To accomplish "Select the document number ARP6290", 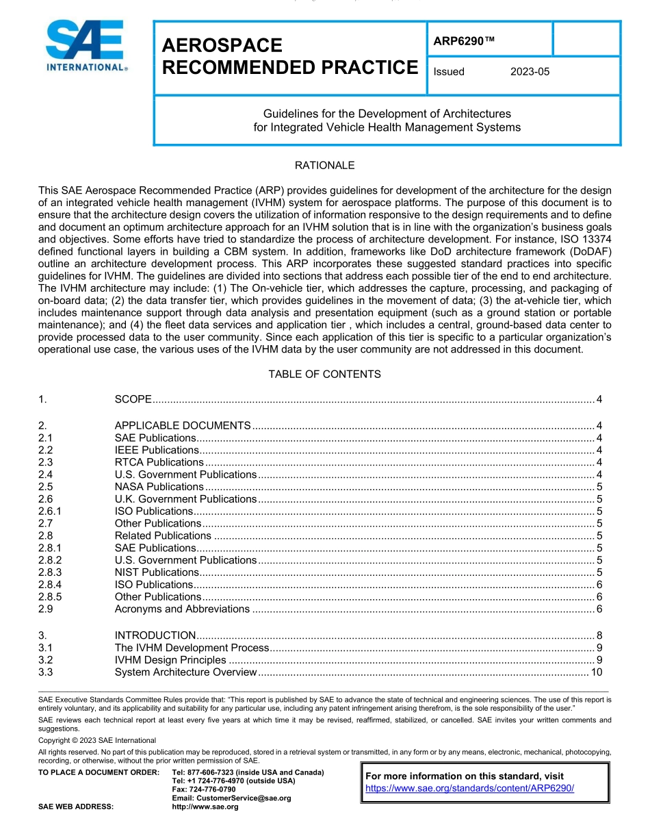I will tap(463, 41).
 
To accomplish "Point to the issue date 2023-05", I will tap(530, 72).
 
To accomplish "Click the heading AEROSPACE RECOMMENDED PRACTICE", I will tap(289, 57).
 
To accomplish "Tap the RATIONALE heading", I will tap(324, 166).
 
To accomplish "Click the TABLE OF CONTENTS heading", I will tap(324, 375).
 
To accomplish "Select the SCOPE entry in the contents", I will tap(133, 400).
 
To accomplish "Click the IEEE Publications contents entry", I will tap(157, 451).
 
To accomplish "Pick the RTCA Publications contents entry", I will tap(159, 463).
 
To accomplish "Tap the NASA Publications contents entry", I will tap(159, 488).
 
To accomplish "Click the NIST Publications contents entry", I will tap(157, 572).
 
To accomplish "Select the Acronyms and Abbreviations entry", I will tap(182, 609).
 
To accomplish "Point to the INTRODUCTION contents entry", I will tap(155, 635).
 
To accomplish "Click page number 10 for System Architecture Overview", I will tap(596, 672).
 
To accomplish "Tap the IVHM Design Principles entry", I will tap(170, 660).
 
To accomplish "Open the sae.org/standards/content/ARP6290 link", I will tap(469, 788).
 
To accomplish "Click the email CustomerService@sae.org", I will tap(231, 798).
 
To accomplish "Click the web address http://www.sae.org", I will tap(205, 807).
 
